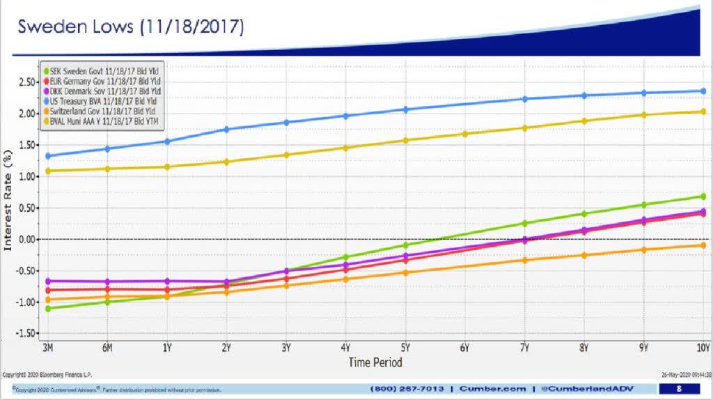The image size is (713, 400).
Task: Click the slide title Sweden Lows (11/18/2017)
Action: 131,27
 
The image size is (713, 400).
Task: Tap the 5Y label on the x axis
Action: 405,348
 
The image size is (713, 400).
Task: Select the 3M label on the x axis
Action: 48,348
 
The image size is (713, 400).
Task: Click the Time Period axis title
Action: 375,362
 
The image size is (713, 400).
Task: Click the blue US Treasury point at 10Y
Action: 703,91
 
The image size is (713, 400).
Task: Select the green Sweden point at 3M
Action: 48,308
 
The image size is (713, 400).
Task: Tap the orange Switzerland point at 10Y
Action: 703,245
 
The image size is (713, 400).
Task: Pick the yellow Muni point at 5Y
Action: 405,140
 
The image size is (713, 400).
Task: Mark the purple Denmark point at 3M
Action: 48,281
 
